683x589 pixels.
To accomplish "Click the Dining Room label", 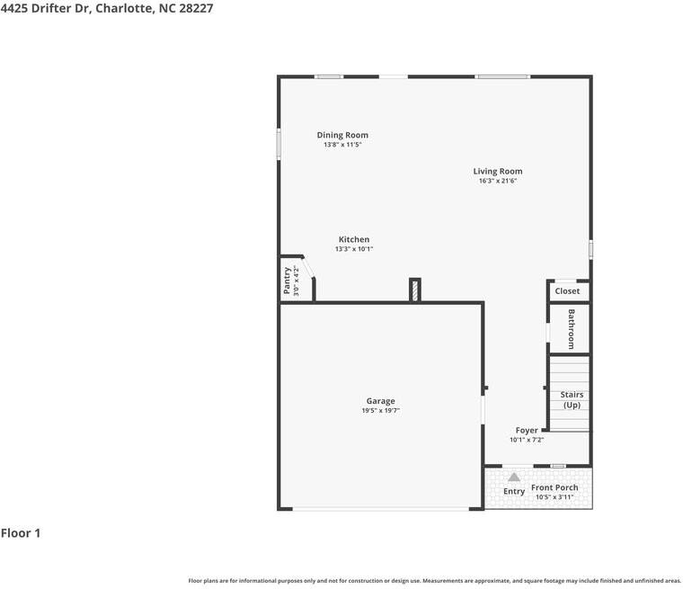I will pyautogui.click(x=342, y=135).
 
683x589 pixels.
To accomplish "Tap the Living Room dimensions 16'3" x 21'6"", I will pyautogui.click(x=498, y=181).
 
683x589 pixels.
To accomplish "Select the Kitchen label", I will pyautogui.click(x=354, y=239).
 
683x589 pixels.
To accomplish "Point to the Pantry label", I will pyautogui.click(x=288, y=281).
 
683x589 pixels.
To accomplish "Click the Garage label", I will pyautogui.click(x=380, y=401).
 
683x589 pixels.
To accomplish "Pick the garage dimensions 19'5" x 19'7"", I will pyautogui.click(x=380, y=410).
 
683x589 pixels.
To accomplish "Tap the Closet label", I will pyautogui.click(x=567, y=291).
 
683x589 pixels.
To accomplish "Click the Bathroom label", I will pyautogui.click(x=571, y=329).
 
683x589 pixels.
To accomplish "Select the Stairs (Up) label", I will pyautogui.click(x=572, y=399).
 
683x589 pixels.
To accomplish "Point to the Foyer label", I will pyautogui.click(x=527, y=430).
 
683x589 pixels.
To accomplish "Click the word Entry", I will pyautogui.click(x=514, y=492).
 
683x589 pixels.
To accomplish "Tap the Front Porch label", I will pyautogui.click(x=554, y=487).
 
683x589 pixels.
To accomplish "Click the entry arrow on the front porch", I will pyautogui.click(x=513, y=477).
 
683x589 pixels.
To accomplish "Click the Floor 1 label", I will pyautogui.click(x=21, y=533).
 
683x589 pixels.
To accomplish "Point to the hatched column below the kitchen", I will pyautogui.click(x=414, y=290).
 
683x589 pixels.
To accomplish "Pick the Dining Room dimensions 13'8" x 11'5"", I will pyautogui.click(x=342, y=145).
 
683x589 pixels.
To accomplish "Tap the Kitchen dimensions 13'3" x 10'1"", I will pyautogui.click(x=354, y=249).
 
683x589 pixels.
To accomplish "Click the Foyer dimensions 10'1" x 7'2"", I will pyautogui.click(x=527, y=440).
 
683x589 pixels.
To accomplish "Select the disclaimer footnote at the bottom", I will pyautogui.click(x=434, y=581).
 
